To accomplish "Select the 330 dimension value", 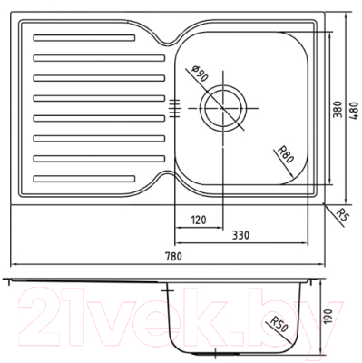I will click(240, 236).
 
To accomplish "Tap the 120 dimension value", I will click(201, 220).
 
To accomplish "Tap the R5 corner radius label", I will click(342, 215).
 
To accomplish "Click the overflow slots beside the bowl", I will click(175, 106).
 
